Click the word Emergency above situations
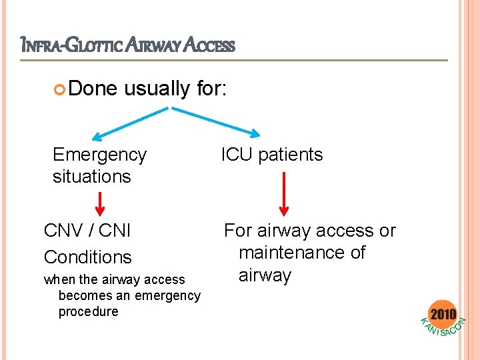(x=99, y=155)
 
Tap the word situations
(x=91, y=177)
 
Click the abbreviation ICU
(x=237, y=155)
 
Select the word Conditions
(x=87, y=257)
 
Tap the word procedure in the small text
(x=88, y=311)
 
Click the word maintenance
(x=301, y=253)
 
